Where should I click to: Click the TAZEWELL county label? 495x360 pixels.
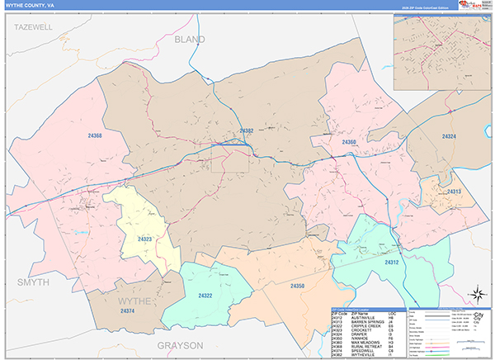33,27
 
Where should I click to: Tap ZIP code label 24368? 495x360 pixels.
95,136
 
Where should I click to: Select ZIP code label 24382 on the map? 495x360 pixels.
247,130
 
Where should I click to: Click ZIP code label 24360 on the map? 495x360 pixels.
349,142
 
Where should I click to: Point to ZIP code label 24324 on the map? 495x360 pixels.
448,136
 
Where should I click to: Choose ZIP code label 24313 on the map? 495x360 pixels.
454,192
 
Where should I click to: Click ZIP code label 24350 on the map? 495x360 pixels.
298,286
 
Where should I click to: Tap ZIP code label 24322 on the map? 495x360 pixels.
205,295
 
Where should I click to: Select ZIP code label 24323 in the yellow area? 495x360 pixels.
144,239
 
